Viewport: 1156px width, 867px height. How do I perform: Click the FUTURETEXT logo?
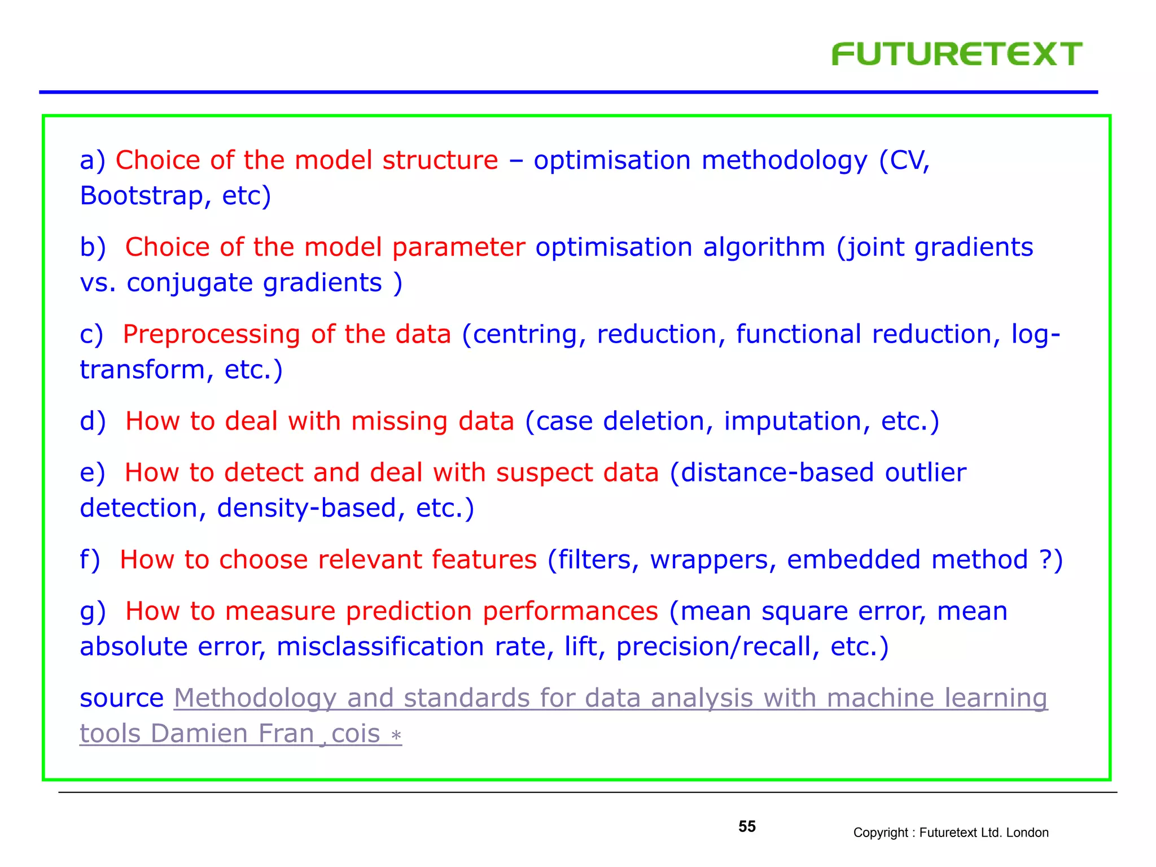(956, 55)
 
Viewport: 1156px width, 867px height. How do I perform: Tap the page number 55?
(746, 826)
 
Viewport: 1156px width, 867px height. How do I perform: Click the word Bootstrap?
(141, 196)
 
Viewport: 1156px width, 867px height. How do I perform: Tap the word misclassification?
(380, 647)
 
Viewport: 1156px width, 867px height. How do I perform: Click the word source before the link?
(121, 699)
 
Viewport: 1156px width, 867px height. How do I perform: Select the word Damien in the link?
(199, 734)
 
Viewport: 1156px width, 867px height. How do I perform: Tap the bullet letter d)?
(93, 422)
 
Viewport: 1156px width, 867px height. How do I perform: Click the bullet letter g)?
(93, 612)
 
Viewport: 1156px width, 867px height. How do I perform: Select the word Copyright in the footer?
(880, 833)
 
